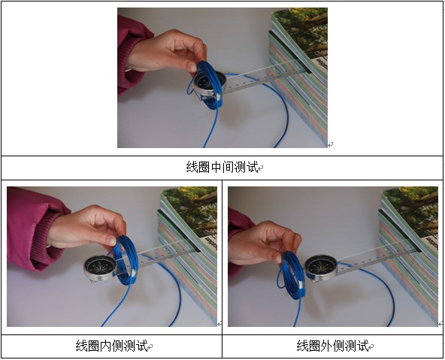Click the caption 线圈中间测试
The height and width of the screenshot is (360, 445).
pyautogui.click(x=222, y=167)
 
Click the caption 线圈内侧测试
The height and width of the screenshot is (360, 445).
pyautogui.click(x=111, y=346)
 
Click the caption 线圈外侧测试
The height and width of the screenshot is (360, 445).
pyautogui.click(x=332, y=346)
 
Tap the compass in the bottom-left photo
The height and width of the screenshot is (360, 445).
pyautogui.click(x=100, y=268)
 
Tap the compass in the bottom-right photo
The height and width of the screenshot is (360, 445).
pyautogui.click(x=322, y=268)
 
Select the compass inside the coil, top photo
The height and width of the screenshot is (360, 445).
pyautogui.click(x=210, y=84)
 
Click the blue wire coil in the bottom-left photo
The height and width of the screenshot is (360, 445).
pyautogui.click(x=125, y=261)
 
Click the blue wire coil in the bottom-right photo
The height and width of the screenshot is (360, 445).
pyautogui.click(x=291, y=275)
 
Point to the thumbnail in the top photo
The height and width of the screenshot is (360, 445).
pyautogui.click(x=192, y=67)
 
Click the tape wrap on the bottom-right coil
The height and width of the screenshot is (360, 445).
pyautogui.click(x=301, y=285)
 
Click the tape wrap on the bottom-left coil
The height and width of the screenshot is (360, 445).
pyautogui.click(x=133, y=274)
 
